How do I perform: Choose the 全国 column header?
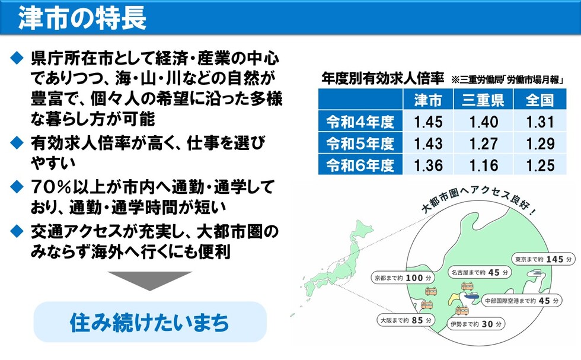[539, 100]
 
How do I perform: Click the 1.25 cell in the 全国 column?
[539, 164]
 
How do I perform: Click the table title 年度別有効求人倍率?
[382, 78]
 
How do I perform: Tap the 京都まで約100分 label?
[403, 277]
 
